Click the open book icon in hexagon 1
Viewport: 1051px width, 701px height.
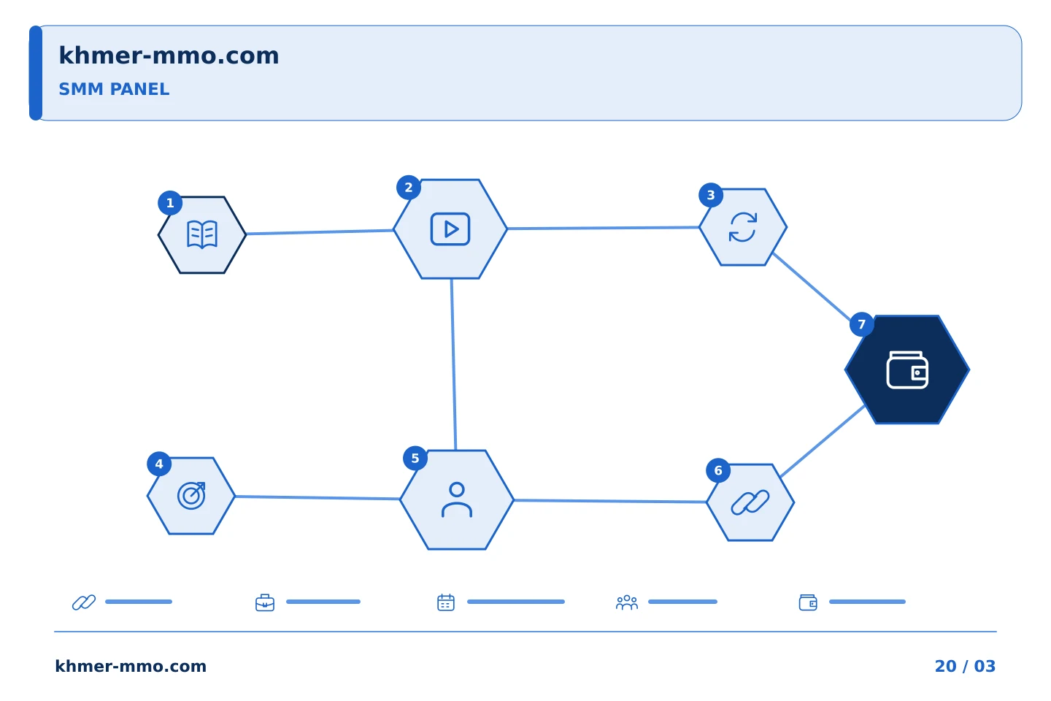coord(201,234)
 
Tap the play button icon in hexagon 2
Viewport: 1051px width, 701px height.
coord(450,229)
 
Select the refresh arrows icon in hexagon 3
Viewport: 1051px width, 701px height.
coord(743,227)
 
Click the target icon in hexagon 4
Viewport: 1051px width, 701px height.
coord(191,495)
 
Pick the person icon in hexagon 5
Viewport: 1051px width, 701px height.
coord(457,500)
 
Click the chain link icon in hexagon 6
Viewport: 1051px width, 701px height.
coord(750,502)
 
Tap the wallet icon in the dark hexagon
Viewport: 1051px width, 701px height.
coord(907,370)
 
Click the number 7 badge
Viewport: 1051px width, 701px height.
coord(861,324)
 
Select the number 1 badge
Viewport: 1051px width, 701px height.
coord(170,203)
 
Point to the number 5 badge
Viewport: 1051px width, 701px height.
coord(415,459)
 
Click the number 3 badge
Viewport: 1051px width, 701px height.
coord(711,195)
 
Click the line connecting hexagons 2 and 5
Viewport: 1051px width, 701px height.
coord(454,364)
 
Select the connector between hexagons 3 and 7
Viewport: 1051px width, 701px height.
coord(812,287)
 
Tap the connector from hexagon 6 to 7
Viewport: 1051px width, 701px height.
coord(823,441)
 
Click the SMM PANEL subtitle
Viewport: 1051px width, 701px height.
coord(114,89)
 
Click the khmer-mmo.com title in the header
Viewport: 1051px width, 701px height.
coord(169,55)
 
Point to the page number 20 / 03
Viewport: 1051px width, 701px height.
coord(965,666)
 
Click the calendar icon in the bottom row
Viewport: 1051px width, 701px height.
coord(446,602)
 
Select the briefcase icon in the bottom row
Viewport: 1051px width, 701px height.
coord(265,602)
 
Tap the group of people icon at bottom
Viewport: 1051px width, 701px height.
coord(627,602)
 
